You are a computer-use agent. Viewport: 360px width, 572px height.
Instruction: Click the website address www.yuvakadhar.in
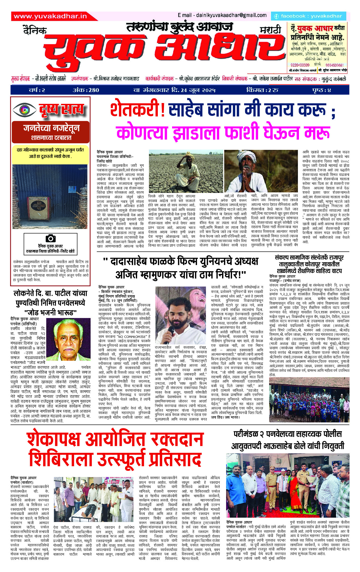(50, 16)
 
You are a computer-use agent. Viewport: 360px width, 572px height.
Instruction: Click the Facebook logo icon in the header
(276, 16)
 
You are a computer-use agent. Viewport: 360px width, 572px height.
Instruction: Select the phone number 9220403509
(300, 65)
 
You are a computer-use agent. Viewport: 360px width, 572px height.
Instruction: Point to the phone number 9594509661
(334, 65)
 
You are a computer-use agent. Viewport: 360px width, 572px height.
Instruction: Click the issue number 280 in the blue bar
(94, 90)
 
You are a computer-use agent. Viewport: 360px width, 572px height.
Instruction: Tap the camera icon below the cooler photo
(51, 238)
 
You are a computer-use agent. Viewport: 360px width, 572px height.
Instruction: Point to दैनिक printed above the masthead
(35, 30)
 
